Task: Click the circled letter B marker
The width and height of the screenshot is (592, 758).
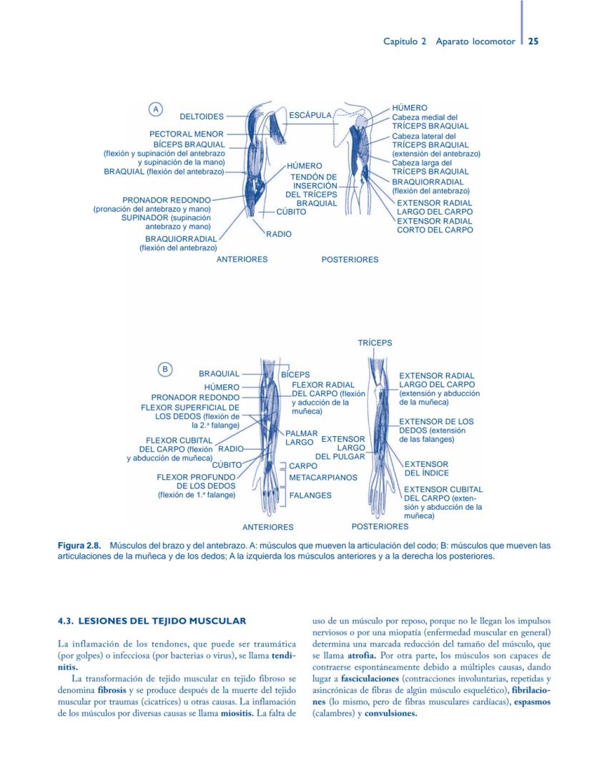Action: click(x=165, y=369)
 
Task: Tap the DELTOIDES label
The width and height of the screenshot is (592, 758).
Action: click(x=201, y=116)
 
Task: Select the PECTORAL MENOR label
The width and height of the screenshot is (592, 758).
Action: click(x=186, y=134)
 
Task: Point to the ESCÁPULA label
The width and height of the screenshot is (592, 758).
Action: click(x=310, y=115)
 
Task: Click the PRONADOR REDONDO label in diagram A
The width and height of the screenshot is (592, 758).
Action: click(x=167, y=200)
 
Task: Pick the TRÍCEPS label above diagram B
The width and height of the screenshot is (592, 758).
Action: click(x=375, y=343)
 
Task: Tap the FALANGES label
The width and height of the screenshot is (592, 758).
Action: click(x=310, y=495)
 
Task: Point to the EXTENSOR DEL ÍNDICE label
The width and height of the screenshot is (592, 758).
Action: click(x=426, y=468)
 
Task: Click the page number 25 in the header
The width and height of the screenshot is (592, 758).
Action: click(x=533, y=41)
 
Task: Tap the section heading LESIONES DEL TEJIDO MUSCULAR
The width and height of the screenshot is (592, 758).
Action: click(x=152, y=620)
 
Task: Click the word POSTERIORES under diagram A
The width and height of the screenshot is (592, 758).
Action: click(x=350, y=260)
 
